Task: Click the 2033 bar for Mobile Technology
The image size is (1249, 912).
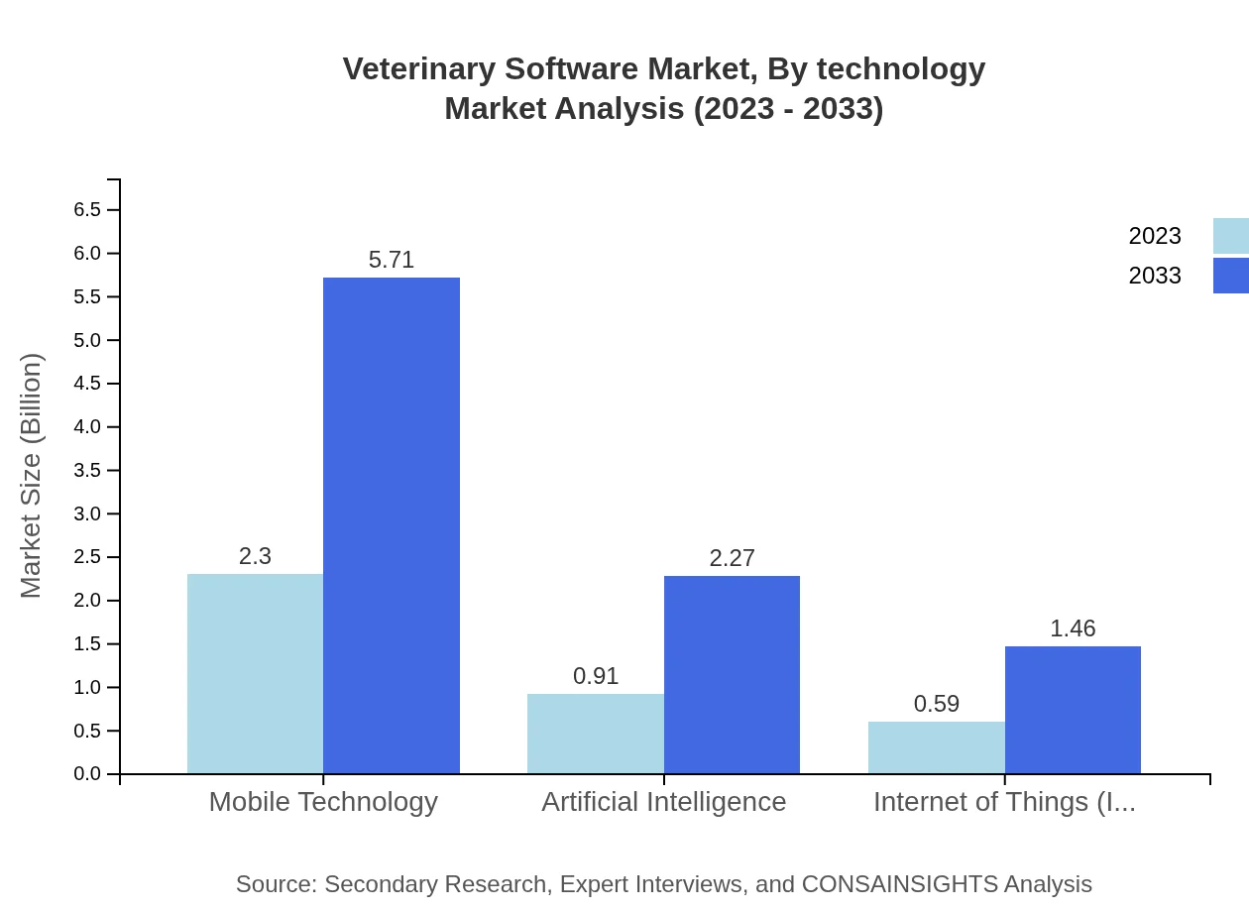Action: tap(392, 525)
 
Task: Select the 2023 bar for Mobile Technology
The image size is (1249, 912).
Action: tap(255, 674)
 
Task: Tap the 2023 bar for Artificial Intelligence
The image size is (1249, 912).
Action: tap(595, 734)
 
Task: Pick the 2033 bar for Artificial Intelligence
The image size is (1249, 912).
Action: tap(732, 674)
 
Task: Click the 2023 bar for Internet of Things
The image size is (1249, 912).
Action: tap(936, 747)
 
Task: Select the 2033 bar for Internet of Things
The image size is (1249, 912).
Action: tap(1073, 710)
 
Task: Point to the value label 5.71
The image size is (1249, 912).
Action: tap(392, 260)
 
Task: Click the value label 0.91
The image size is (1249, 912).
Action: tap(596, 676)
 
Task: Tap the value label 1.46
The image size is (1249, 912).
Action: tap(1073, 628)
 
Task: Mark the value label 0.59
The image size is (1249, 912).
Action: tap(937, 704)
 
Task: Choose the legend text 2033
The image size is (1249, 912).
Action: tap(1155, 276)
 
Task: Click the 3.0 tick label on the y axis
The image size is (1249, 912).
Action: tap(87, 513)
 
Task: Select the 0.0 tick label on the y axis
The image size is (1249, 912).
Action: tap(87, 774)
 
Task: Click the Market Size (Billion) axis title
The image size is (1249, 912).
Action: tap(32, 476)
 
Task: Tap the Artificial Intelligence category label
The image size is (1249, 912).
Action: tap(663, 801)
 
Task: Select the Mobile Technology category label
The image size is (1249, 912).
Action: tap(323, 801)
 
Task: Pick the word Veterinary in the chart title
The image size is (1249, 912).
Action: tap(418, 69)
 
